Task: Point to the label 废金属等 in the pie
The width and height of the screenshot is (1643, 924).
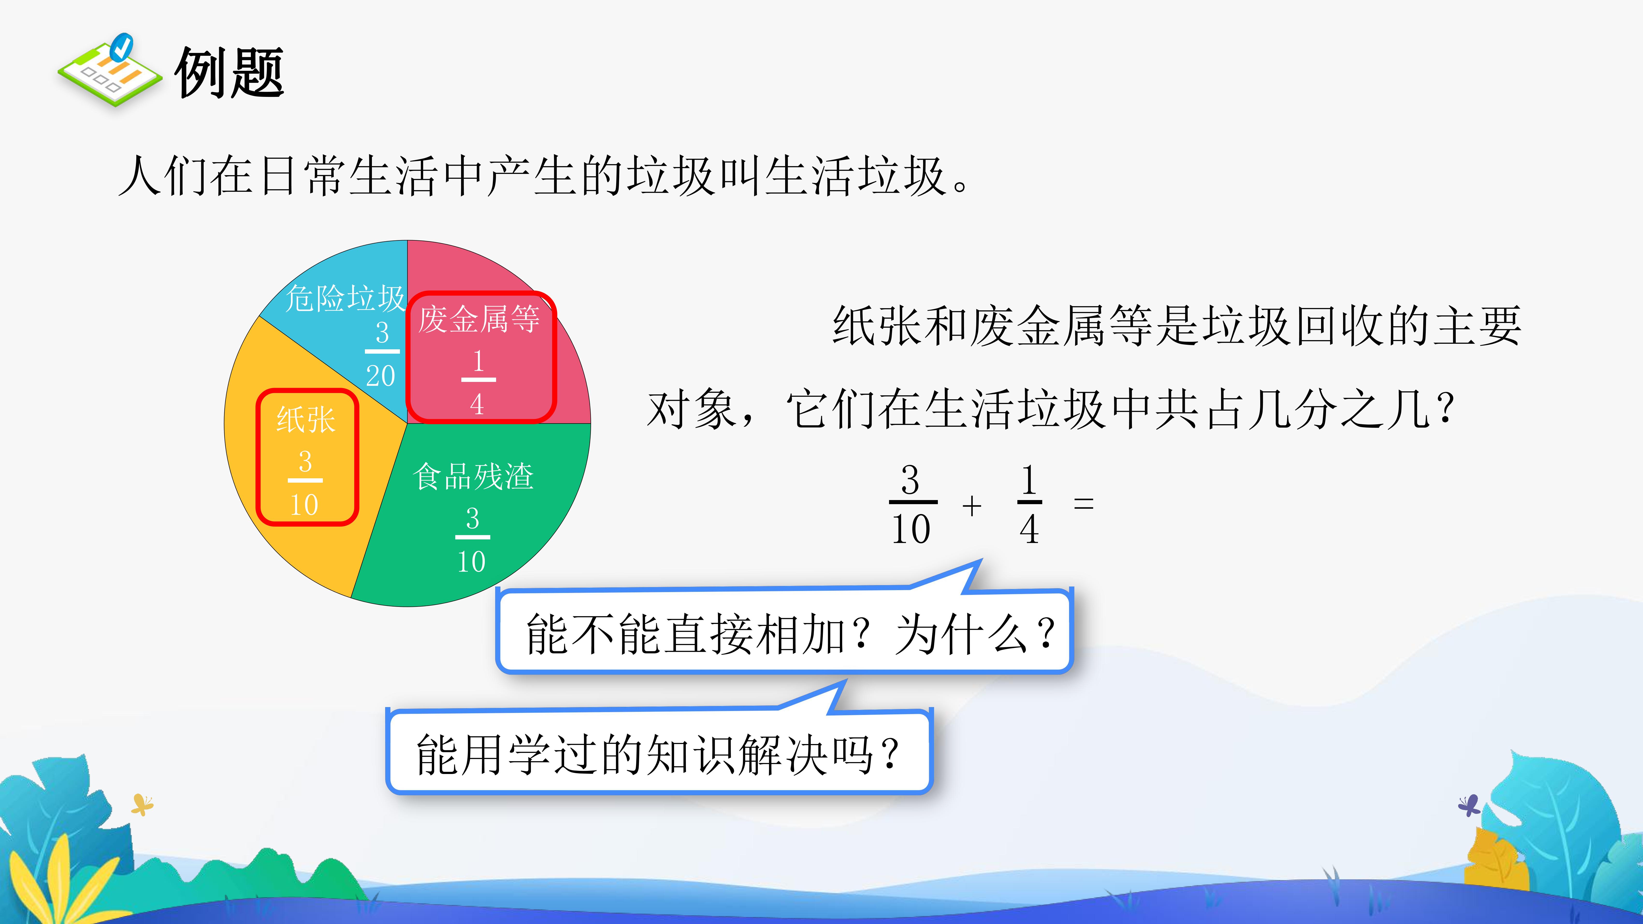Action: (x=479, y=319)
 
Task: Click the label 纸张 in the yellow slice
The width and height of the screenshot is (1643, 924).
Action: (x=305, y=420)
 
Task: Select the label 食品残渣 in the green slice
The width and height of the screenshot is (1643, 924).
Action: (x=473, y=476)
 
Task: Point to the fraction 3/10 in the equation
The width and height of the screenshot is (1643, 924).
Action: (x=912, y=504)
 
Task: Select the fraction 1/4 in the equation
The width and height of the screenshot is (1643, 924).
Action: (x=1029, y=504)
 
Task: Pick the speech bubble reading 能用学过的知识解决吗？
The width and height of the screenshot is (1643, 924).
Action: (x=659, y=751)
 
